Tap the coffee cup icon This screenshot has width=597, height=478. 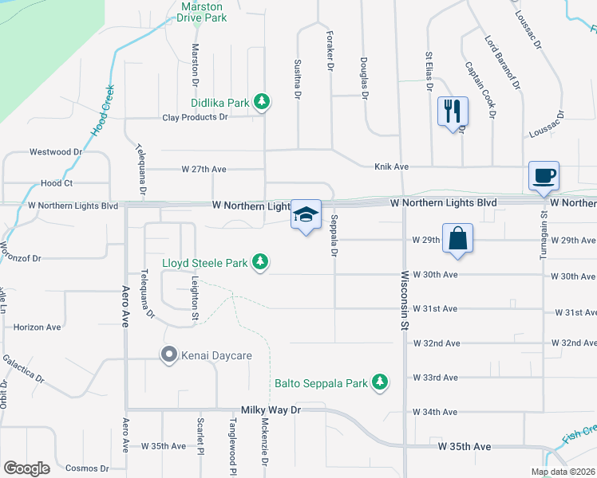pos(543,175)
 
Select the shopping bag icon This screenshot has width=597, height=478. pos(457,238)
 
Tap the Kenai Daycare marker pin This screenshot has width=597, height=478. pos(168,355)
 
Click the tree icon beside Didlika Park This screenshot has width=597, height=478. pos(261,102)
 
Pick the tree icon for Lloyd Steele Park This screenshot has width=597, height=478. pos(259,261)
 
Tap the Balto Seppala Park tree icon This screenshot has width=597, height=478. pos(381,383)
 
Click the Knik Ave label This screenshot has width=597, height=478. pos(392,167)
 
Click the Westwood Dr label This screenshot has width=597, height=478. pos(56,151)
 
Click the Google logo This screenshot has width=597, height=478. pos(26,468)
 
